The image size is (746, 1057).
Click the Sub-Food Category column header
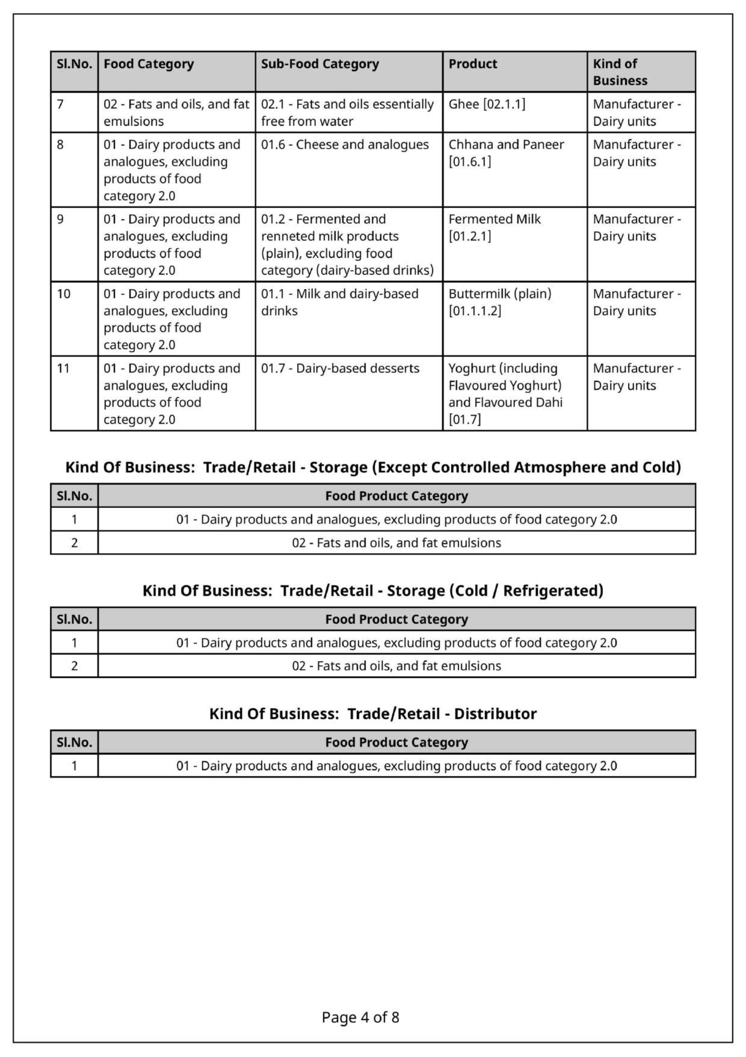pyautogui.click(x=320, y=64)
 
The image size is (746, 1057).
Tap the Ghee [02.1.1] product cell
pyautogui.click(x=487, y=104)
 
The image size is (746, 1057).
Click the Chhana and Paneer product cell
pyautogui.click(x=506, y=153)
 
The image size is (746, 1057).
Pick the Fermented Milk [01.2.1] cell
pyautogui.click(x=494, y=228)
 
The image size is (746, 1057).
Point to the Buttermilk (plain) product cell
pyautogui.click(x=499, y=302)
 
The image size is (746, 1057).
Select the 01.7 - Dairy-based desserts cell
pyautogui.click(x=340, y=368)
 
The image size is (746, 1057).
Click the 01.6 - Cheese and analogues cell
pyautogui.click(x=344, y=145)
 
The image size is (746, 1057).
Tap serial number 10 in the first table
pyautogui.click(x=64, y=294)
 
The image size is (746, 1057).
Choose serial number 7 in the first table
pyautogui.click(x=60, y=104)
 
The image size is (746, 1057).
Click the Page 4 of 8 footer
pyautogui.click(x=360, y=1017)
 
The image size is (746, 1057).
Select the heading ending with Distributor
pyautogui.click(x=372, y=713)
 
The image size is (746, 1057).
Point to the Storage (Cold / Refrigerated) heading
pyautogui.click(x=372, y=591)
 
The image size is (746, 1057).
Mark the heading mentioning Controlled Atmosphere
pyautogui.click(x=372, y=467)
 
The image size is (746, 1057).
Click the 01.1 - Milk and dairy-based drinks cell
pyautogui.click(x=339, y=302)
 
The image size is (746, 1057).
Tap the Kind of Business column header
pyautogui.click(x=619, y=72)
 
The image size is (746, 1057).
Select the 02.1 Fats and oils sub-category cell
pyautogui.click(x=347, y=113)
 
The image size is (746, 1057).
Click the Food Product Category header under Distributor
pyautogui.click(x=396, y=742)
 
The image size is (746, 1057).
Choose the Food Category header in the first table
pyautogui.click(x=148, y=64)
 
